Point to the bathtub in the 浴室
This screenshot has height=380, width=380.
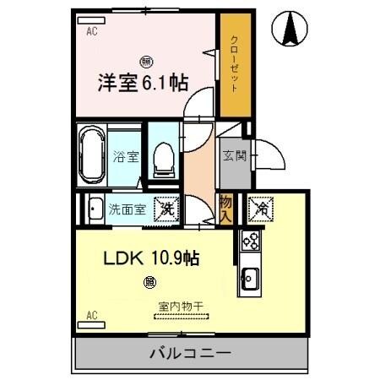90,155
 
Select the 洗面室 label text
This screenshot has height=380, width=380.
128,209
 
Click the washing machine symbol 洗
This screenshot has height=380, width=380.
167,208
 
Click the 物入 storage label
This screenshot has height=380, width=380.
226,208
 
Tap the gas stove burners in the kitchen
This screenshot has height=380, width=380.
250,241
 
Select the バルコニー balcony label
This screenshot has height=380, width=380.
191,353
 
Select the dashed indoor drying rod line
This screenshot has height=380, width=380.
181,317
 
